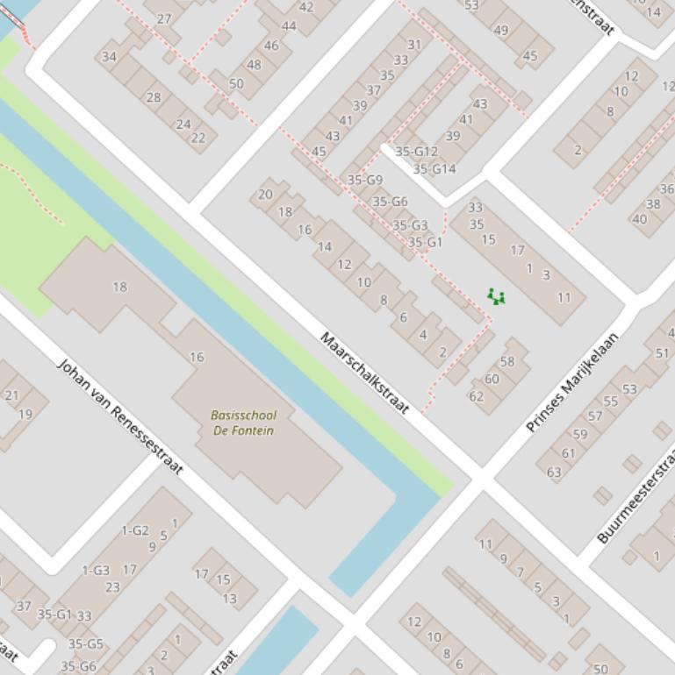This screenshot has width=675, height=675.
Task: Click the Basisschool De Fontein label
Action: coord(243,423)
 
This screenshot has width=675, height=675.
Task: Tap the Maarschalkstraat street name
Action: coord(364,373)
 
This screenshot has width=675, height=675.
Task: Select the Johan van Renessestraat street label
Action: coord(120,416)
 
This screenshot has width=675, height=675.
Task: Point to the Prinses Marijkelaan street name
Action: coord(572,381)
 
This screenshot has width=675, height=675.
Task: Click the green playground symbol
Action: coord(496,298)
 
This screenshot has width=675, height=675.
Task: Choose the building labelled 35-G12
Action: coord(416,152)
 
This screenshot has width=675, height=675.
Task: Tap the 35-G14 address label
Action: coord(434,169)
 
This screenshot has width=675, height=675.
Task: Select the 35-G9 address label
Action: coord(365,180)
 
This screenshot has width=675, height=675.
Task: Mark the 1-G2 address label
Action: coord(134,530)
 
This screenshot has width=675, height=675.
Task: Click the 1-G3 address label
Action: coord(96,571)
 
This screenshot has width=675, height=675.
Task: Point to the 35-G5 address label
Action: coord(85,644)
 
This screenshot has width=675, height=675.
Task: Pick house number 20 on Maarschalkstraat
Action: coord(265,195)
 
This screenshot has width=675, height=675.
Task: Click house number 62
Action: coord(476,395)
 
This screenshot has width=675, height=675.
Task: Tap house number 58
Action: coord(507,361)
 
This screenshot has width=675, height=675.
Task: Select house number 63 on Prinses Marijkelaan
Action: coord(554,472)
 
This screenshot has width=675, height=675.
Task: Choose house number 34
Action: coord(109,57)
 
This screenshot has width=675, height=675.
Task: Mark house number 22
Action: coord(197,137)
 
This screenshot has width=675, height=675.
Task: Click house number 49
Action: coord(501,30)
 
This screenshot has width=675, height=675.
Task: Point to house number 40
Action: coord(639,219)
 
